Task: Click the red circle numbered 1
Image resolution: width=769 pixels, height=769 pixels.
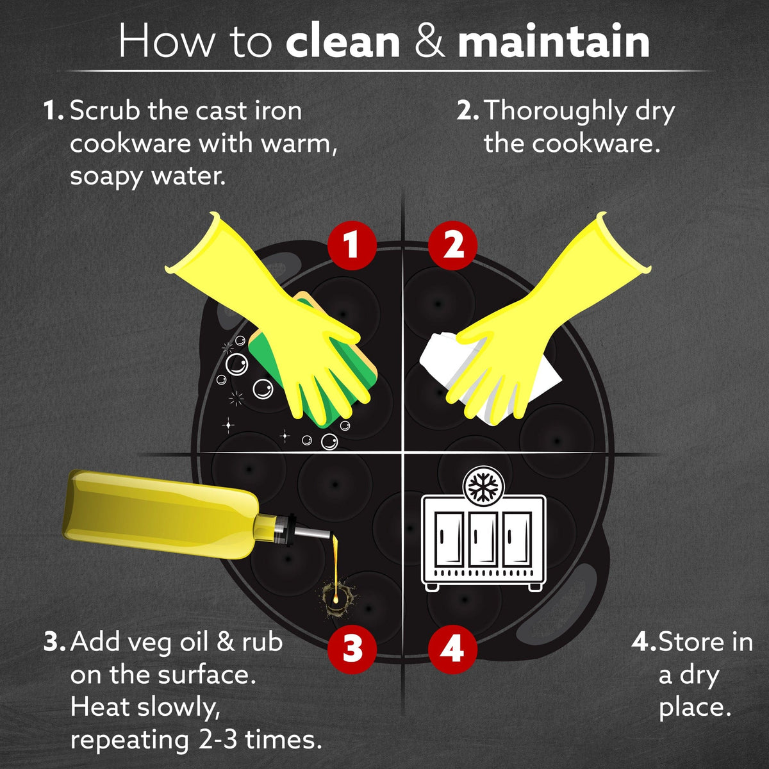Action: coord(352,245)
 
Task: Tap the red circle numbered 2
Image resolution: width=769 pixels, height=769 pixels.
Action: coord(452,245)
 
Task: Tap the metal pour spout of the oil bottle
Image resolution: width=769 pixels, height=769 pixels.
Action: coord(313,532)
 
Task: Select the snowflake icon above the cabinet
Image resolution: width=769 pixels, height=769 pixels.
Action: coord(484,487)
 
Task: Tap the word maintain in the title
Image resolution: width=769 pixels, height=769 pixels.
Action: coord(554,42)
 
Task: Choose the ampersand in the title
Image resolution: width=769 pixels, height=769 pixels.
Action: coord(429,42)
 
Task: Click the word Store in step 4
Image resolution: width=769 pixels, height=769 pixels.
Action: coord(690,642)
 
